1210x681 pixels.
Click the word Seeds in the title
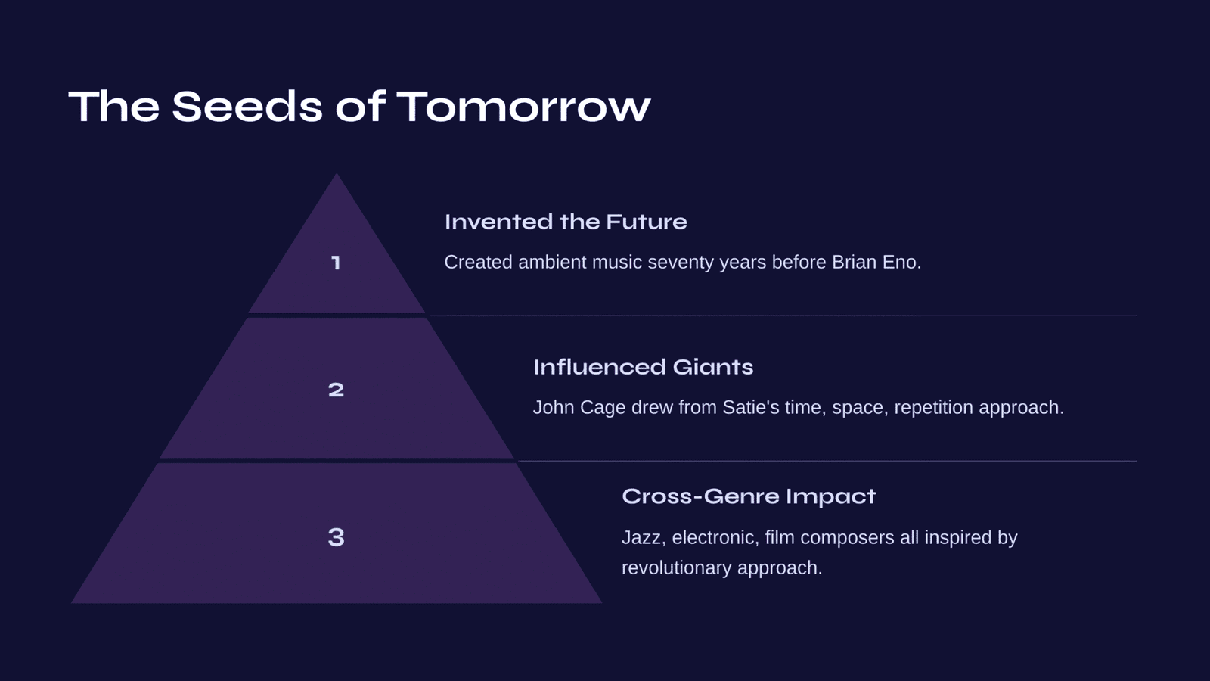point(247,107)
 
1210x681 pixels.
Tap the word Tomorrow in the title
point(523,107)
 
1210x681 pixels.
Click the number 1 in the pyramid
point(336,263)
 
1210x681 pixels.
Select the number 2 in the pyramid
point(336,390)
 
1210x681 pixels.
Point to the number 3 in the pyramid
point(336,537)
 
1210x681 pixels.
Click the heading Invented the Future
point(566,222)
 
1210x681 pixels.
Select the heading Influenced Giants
point(643,367)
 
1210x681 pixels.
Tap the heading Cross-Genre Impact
point(749,496)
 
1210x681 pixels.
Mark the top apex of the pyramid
point(337,174)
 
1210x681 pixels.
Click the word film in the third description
point(780,537)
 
